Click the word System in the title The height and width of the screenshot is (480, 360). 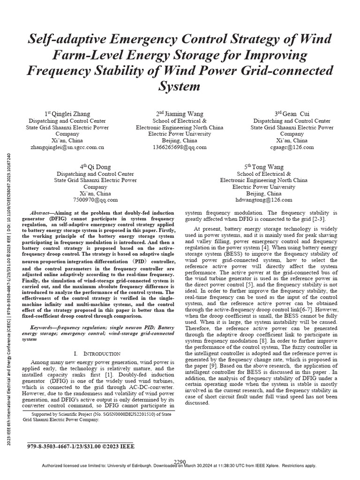[180, 87]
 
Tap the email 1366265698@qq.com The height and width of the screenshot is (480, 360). [180, 147]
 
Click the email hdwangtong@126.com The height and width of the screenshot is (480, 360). [264, 200]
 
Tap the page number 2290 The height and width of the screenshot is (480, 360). [180, 462]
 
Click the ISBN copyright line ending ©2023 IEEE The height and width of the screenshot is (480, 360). [81, 447]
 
